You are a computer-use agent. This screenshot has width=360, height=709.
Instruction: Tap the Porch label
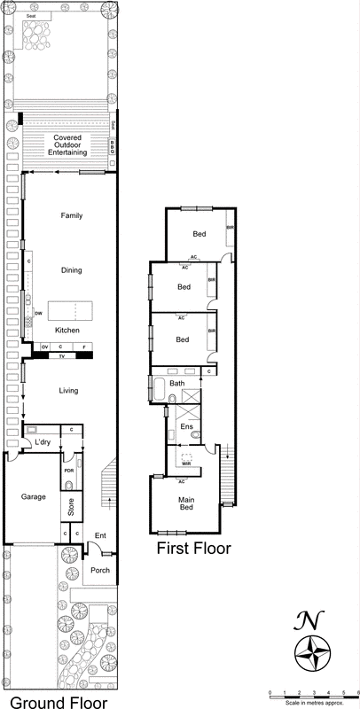click(100, 570)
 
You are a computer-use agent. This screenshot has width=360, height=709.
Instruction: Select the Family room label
click(71, 215)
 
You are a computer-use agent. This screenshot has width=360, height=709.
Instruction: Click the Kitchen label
click(68, 330)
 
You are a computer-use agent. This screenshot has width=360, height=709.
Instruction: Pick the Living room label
click(68, 390)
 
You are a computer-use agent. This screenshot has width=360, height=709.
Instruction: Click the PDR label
click(67, 470)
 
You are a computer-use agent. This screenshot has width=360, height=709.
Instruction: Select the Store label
click(71, 508)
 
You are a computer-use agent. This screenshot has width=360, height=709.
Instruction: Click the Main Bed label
click(187, 504)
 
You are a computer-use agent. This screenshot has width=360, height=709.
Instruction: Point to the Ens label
click(186, 427)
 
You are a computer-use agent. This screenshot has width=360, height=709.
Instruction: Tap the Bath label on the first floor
click(176, 383)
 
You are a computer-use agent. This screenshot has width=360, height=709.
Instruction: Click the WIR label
click(186, 464)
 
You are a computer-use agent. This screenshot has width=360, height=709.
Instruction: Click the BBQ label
click(113, 147)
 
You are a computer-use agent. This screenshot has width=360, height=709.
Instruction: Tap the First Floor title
click(193, 549)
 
